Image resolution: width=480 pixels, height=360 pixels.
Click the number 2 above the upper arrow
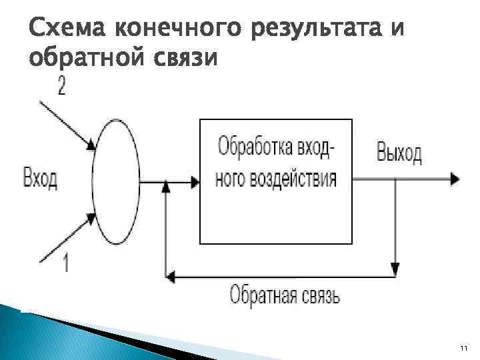click(x=61, y=87)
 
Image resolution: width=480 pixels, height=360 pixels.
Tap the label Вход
click(x=40, y=179)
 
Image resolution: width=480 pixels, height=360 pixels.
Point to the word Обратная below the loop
click(x=263, y=294)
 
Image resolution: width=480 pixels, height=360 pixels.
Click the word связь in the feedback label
click(x=319, y=294)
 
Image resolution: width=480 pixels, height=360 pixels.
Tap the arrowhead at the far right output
click(x=454, y=179)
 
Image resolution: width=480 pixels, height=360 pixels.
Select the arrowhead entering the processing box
click(x=195, y=179)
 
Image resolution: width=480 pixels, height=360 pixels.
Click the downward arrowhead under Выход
click(x=395, y=269)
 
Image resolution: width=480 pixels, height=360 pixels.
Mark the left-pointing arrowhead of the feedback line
click(x=169, y=274)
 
